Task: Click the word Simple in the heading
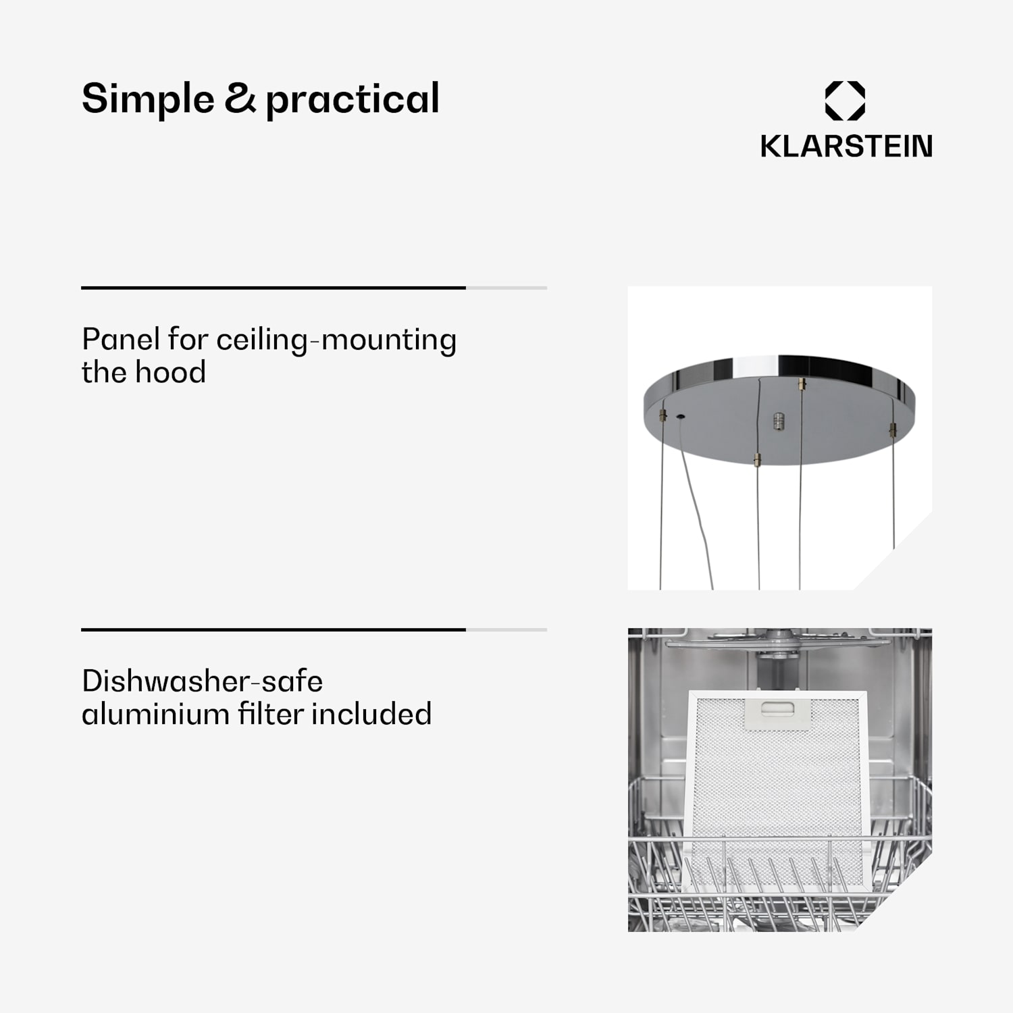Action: [x=148, y=99]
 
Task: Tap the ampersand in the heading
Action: [x=240, y=99]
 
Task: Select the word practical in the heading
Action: [x=352, y=99]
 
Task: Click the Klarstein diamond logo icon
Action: [x=845, y=101]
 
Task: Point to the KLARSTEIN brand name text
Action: [x=846, y=146]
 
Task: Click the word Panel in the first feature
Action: [x=121, y=338]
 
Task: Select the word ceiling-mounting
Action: [x=336, y=340]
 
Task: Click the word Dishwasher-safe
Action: [x=202, y=681]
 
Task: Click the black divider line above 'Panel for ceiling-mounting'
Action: [x=274, y=288]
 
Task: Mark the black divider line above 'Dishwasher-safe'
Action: [x=274, y=629]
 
